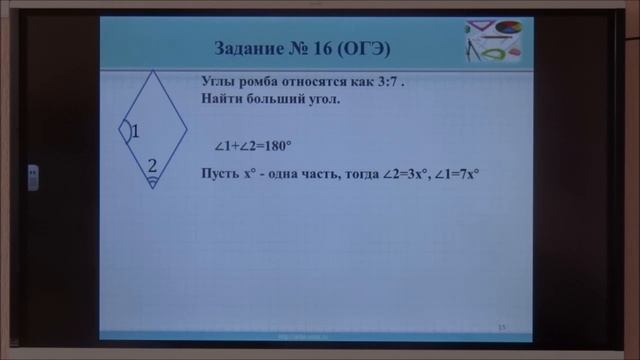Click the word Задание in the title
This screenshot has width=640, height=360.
[x=251, y=48]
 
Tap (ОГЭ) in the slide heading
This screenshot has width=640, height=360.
[x=364, y=48]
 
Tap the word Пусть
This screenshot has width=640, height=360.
[x=221, y=173]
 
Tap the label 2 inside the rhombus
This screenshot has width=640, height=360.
[x=152, y=165]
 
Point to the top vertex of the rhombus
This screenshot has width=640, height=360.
[x=152, y=72]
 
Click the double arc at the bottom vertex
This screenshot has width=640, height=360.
[x=152, y=182]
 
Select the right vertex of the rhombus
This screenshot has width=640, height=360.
[x=187, y=129]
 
